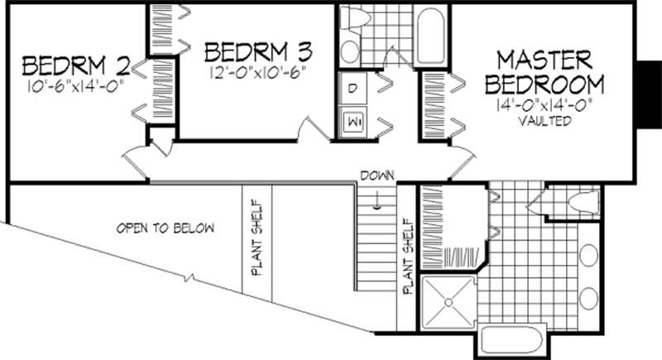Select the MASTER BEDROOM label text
coord(544,73)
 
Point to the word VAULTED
coord(544,121)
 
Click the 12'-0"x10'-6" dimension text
coord(257,71)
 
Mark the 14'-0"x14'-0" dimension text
coord(544,106)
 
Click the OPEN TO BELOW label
coord(165,228)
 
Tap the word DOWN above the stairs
coord(377,175)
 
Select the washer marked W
coord(353,121)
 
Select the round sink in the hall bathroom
coord(348,52)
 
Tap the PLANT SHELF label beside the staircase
coord(406,257)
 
